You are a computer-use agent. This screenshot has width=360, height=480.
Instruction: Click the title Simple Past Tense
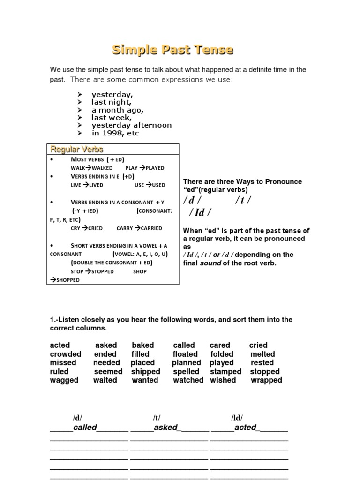(x=172, y=50)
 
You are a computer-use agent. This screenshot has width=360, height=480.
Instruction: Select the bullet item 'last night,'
(x=112, y=102)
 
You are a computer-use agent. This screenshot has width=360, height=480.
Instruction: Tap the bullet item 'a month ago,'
(x=118, y=110)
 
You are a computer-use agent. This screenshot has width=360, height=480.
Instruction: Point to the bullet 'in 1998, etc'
(x=115, y=133)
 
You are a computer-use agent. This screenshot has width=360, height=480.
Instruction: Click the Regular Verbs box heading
(x=77, y=149)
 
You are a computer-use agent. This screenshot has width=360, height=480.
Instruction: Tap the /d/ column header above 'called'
(x=77, y=418)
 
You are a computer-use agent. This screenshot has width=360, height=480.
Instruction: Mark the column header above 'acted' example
(x=237, y=418)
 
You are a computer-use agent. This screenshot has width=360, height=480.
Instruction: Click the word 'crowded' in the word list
(x=66, y=354)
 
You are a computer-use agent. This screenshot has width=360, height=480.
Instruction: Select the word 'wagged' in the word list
(x=64, y=380)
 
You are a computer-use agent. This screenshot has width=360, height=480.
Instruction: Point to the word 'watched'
(x=188, y=380)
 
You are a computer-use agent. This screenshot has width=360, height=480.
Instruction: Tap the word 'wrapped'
(x=266, y=380)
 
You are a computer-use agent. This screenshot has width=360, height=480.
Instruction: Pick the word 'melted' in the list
(x=262, y=354)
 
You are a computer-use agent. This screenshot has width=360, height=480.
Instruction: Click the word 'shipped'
(x=146, y=371)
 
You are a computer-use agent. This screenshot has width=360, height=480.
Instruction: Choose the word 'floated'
(x=185, y=354)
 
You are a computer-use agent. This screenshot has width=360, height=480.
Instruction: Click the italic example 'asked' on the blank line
(x=166, y=427)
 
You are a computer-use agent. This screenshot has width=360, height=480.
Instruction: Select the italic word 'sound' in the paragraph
(x=210, y=263)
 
